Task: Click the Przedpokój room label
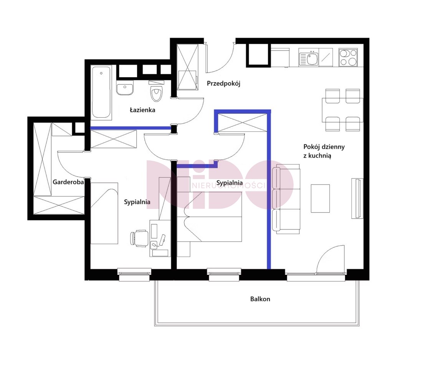pos(223,83)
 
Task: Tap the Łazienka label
pos(142,110)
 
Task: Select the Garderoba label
pos(68,182)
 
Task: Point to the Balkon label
pos(260,299)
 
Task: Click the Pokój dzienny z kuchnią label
pos(324,151)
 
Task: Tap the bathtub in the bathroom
pos(101,92)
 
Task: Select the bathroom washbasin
pos(125,88)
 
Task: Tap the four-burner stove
pos(348,57)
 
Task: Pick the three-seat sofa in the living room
pos(286,199)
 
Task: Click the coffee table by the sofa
pos(321,198)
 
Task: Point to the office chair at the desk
pos(139,238)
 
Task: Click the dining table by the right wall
pos(343,110)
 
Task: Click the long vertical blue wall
pos(269,190)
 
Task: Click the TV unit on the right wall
pos(357,198)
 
